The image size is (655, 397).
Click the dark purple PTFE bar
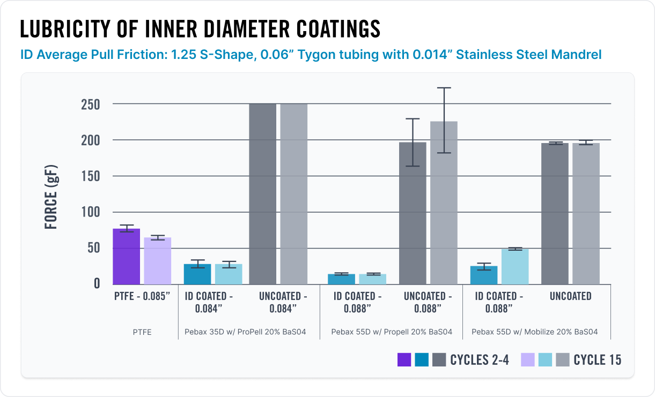click(x=126, y=257)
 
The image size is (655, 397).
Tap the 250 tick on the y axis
click(x=90, y=104)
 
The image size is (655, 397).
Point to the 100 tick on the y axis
click(x=90, y=212)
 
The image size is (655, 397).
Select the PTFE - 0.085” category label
click(x=142, y=296)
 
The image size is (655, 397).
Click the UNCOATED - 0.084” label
click(x=283, y=302)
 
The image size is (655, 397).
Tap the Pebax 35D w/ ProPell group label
click(x=245, y=332)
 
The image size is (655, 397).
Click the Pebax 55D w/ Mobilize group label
click(x=534, y=332)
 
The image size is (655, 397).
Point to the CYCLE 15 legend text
click(x=597, y=359)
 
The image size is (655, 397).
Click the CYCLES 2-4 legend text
click(x=479, y=359)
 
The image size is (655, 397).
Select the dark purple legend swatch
click(x=404, y=359)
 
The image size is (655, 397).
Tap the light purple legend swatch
click(x=528, y=359)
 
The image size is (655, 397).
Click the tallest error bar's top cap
click(x=444, y=88)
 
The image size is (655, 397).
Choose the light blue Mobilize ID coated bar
click(x=514, y=266)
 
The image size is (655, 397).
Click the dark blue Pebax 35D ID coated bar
click(x=197, y=274)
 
